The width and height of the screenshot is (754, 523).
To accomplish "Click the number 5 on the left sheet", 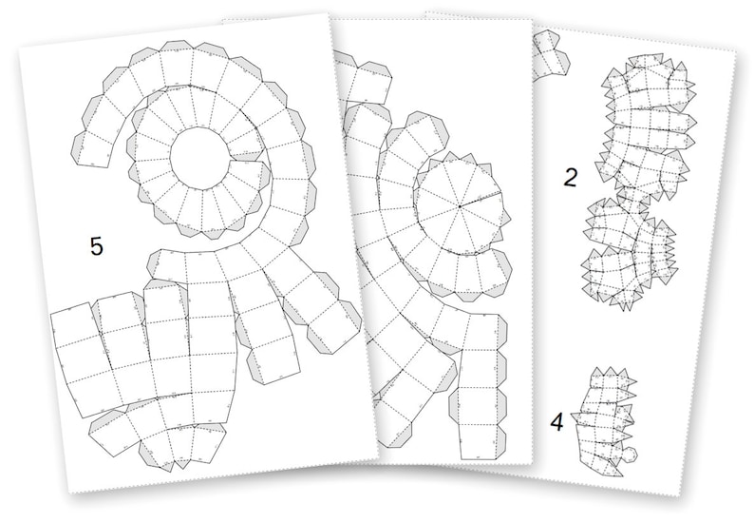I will point(96,245).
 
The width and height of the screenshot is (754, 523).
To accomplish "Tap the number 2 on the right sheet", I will point(570,177).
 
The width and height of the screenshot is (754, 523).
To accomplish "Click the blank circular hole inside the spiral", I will point(199,158).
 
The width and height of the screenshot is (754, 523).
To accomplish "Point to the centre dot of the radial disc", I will point(459,205).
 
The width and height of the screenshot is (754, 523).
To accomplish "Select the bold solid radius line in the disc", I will point(480,201).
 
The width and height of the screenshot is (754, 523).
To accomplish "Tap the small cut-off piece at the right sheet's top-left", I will point(551,55).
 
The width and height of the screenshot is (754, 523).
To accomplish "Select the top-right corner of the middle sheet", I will point(530,20).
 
